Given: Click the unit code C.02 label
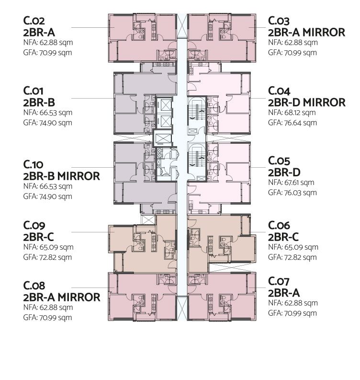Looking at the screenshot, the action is point(34,21).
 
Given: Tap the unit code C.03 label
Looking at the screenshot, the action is point(279,21).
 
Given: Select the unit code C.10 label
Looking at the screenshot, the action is point(33,164).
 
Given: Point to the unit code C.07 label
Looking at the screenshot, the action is point(279,281).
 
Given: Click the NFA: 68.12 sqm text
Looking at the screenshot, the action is point(292,113).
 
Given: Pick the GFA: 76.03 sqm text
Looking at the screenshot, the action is point(292,193).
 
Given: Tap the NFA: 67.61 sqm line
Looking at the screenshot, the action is point(291,183).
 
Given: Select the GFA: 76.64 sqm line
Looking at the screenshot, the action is point(292,123).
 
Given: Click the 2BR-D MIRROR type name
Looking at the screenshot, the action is point(306,103).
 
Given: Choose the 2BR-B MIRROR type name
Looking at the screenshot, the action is point(61,176).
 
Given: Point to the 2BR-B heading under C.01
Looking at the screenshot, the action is point(39,103).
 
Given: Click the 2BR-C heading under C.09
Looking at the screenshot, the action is point(38,237).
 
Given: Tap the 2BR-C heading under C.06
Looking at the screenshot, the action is point(283,237).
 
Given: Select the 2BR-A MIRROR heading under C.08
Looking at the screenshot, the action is point(62,297).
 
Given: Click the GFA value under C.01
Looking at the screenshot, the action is point(48,123).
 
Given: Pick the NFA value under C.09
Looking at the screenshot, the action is point(48,247).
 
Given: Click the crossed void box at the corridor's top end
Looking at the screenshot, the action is point(182,26).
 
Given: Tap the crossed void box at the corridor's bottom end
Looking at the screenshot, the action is point(182,308).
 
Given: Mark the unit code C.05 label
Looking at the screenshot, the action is point(279,161).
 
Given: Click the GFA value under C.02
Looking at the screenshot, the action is point(48,53).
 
